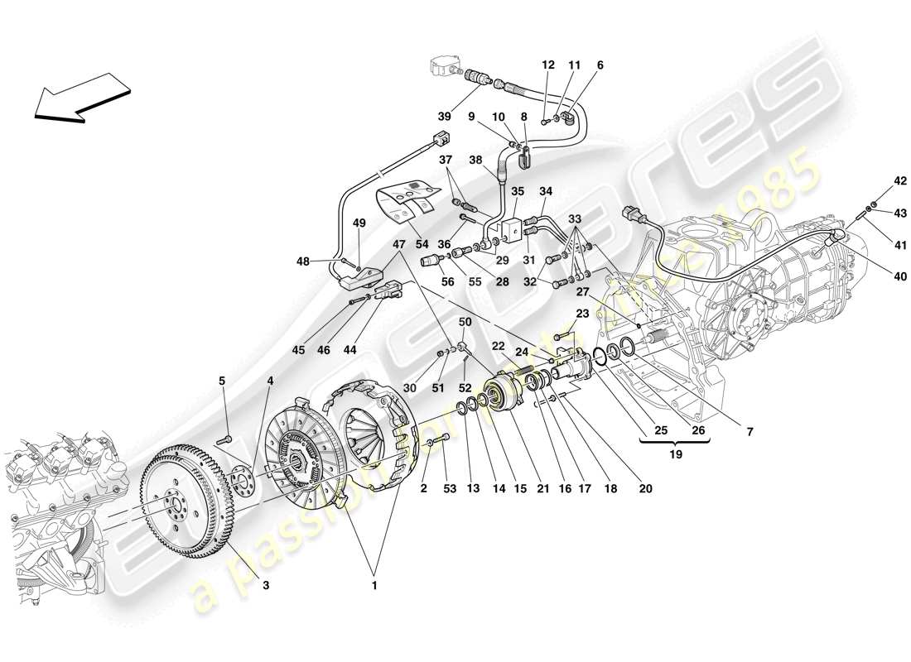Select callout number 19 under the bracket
(x=676, y=453)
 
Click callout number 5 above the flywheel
(x=222, y=381)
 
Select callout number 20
(x=645, y=489)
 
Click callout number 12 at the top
(x=548, y=65)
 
